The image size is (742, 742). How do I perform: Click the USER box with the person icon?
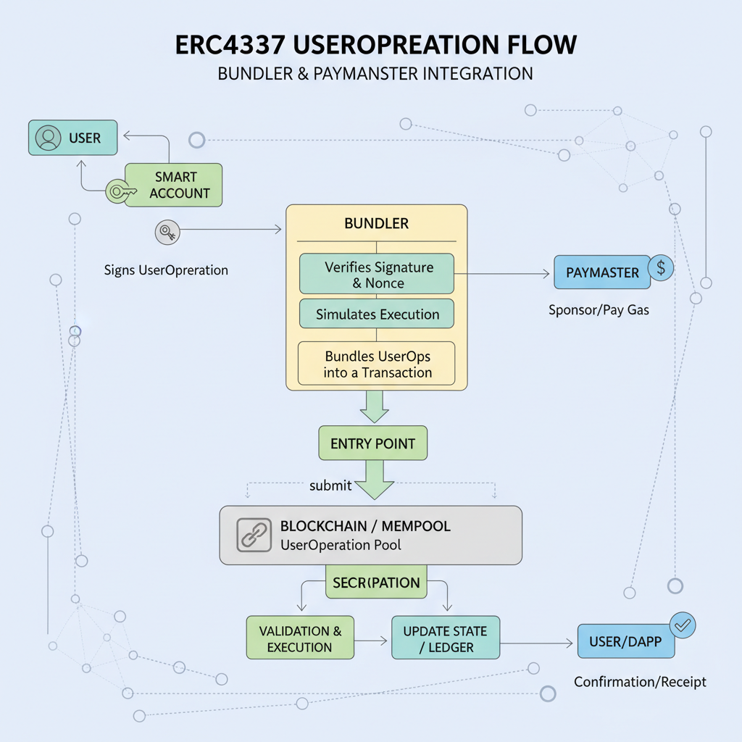[72, 138]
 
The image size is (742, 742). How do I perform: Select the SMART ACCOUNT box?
[174, 185]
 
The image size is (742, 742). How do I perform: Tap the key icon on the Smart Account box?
[119, 191]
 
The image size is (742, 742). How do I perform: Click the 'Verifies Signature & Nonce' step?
[377, 275]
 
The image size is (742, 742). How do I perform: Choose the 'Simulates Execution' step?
[377, 314]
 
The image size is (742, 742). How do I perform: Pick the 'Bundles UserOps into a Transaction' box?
[377, 364]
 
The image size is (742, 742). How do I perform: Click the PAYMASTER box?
[603, 273]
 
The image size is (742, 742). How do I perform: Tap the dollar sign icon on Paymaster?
[661, 267]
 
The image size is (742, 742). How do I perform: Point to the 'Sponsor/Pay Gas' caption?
[599, 310]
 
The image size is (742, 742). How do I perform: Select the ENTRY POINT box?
[372, 443]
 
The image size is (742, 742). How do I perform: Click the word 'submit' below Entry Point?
[330, 485]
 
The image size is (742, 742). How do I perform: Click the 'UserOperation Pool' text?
[340, 545]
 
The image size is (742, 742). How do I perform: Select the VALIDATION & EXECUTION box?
[300, 638]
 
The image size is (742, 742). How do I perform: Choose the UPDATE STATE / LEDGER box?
[446, 638]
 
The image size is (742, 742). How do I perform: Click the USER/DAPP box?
[625, 641]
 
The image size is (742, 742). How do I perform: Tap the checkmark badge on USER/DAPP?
[683, 624]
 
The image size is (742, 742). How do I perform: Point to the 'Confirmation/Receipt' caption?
[640, 682]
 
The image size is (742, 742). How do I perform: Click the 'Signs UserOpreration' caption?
[166, 270]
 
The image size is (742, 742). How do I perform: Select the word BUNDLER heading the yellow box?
[376, 223]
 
